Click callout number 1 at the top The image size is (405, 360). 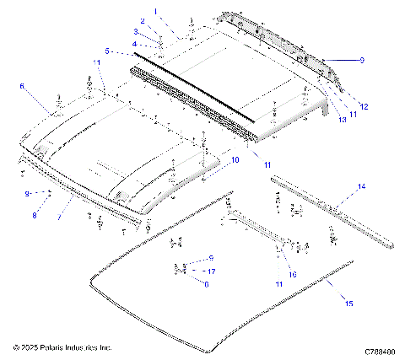point(154,11)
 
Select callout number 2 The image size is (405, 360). point(143,20)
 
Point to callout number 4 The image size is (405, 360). point(134,43)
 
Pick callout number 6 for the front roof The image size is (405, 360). point(22,85)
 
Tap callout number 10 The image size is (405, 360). point(235,159)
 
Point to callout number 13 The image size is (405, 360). point(343,120)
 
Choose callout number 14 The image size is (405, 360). point(361,185)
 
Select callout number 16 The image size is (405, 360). point(292,274)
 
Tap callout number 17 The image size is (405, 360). point(212,271)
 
